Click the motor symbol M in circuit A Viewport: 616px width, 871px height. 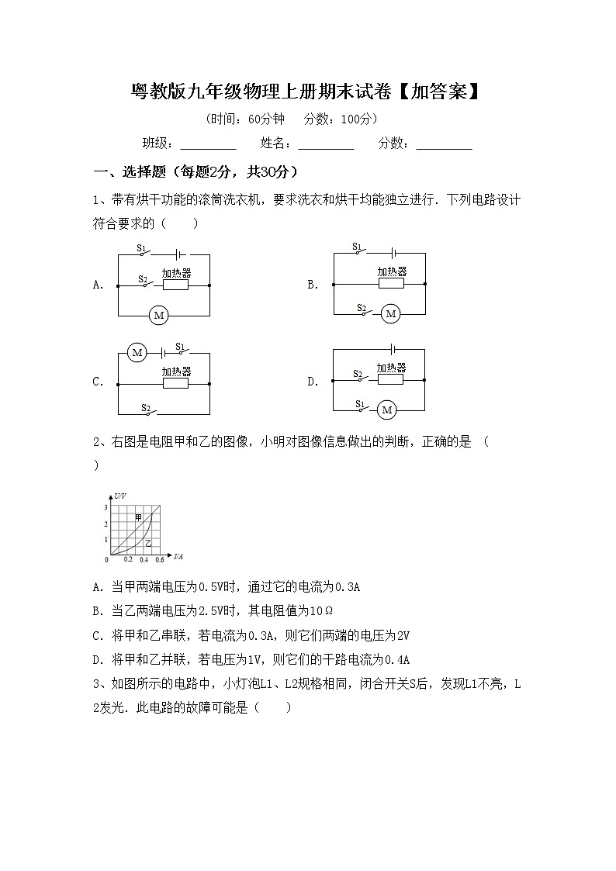tap(159, 315)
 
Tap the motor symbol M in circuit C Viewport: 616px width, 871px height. tap(137, 353)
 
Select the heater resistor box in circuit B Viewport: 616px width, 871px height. tap(392, 284)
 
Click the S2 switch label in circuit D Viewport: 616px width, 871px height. tap(358, 375)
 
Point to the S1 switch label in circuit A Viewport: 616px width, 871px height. tap(141, 248)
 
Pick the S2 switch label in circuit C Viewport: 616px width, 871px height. tap(145, 406)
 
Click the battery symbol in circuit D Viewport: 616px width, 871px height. tap(394, 350)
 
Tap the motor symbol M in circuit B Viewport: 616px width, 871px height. tap(390, 313)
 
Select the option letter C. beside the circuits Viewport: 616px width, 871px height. tap(99, 382)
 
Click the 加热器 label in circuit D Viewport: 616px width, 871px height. tap(391, 368)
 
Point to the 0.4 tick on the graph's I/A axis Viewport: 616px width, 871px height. tap(144, 559)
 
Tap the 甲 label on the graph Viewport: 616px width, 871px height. tap(138, 517)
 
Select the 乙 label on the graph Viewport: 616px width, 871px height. tap(147, 542)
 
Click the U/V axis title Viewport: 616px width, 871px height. tap(119, 495)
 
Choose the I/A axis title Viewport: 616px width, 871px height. tap(178, 556)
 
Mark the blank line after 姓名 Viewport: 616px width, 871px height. tap(326, 143)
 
